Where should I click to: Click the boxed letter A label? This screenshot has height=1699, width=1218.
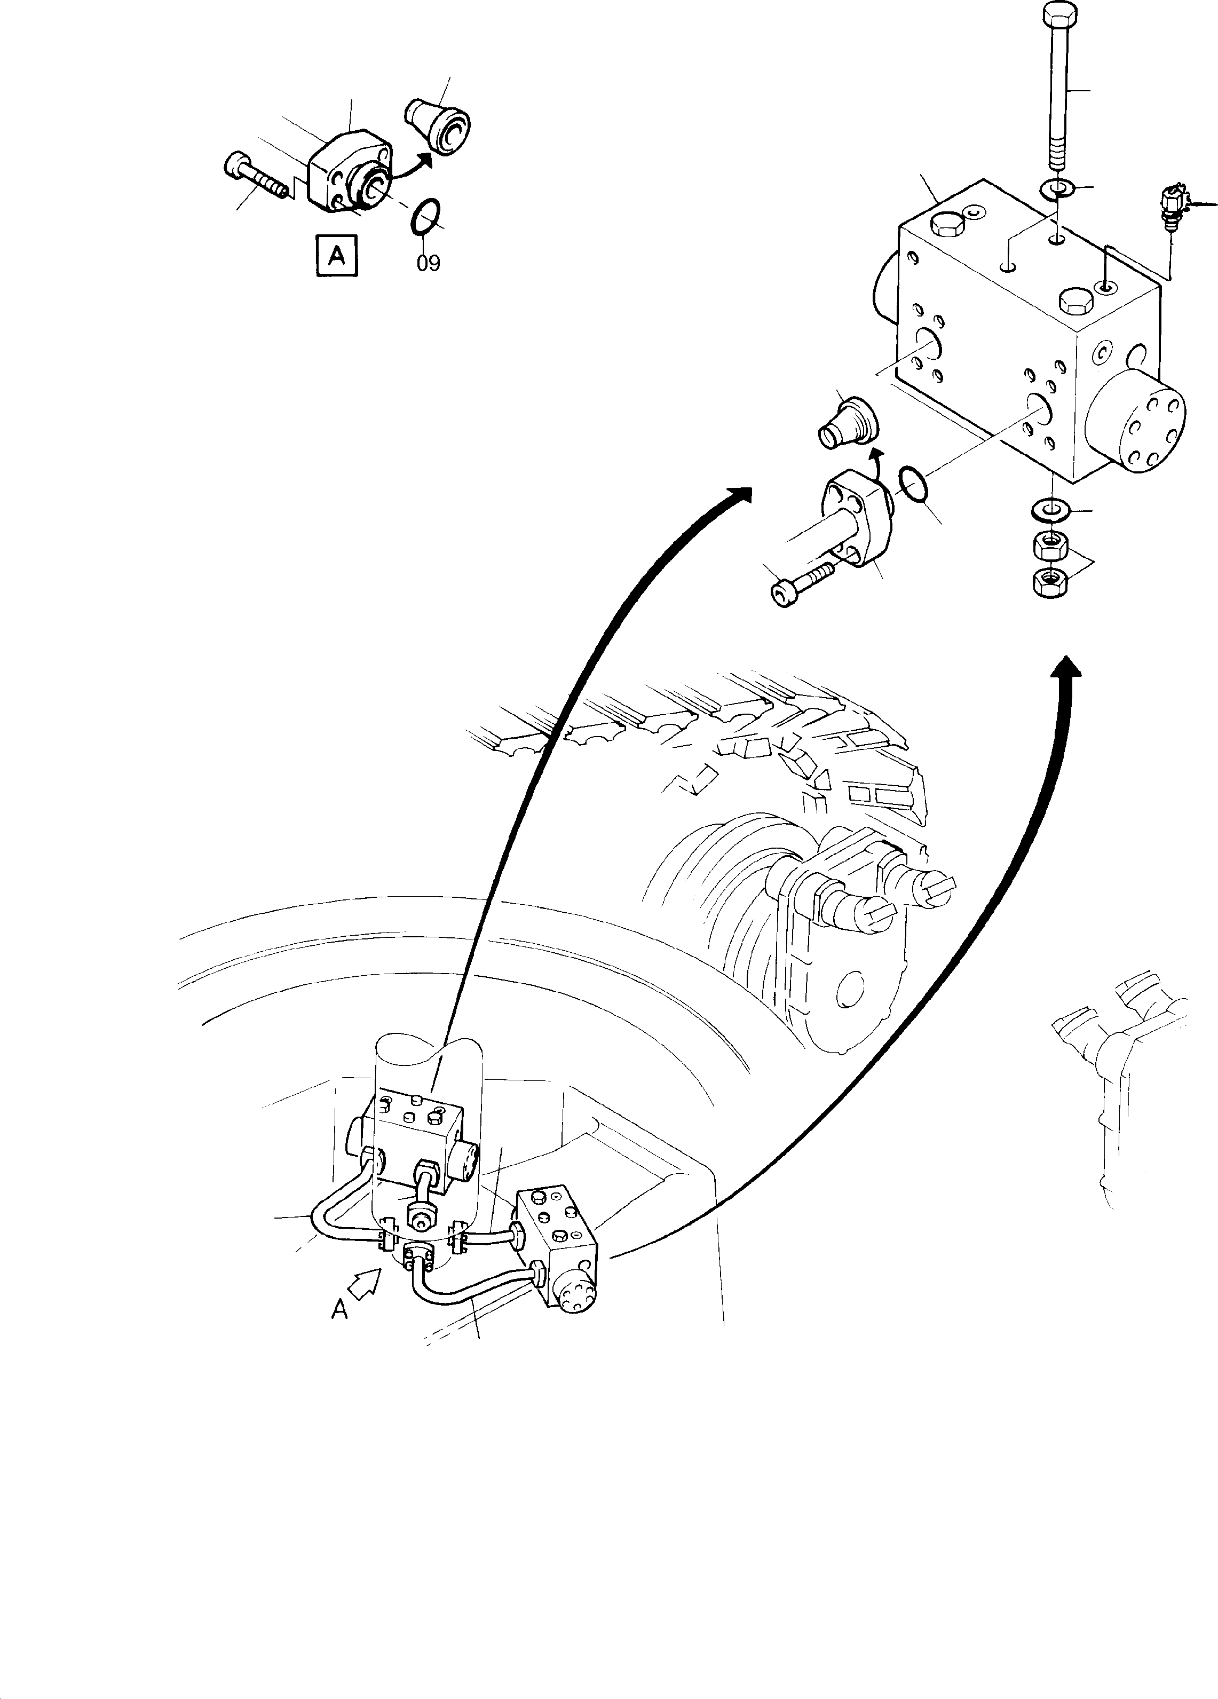click(x=336, y=256)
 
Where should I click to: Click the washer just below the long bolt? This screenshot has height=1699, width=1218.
click(x=1057, y=187)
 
